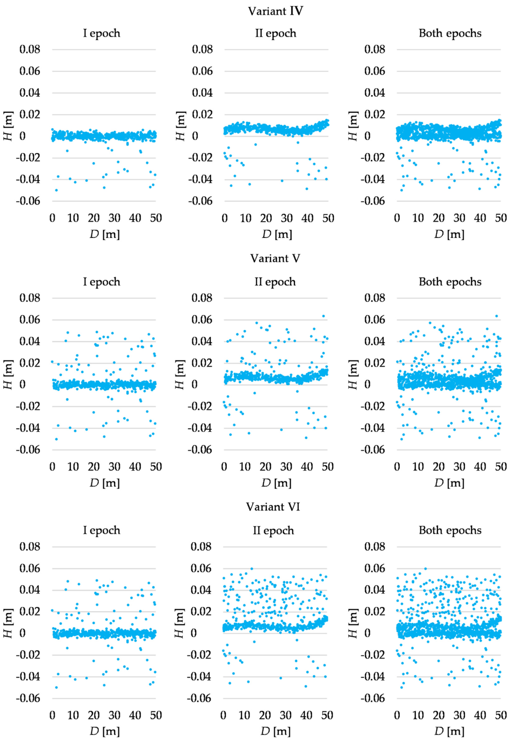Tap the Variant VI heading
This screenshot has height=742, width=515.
click(x=273, y=507)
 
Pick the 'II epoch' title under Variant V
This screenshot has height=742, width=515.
click(x=275, y=282)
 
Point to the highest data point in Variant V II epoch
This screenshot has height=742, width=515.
click(x=323, y=316)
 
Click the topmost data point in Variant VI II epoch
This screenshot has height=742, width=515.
click(x=252, y=569)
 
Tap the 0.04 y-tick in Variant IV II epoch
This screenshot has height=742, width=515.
click(x=202, y=93)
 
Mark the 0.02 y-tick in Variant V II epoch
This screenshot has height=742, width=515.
click(x=202, y=363)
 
